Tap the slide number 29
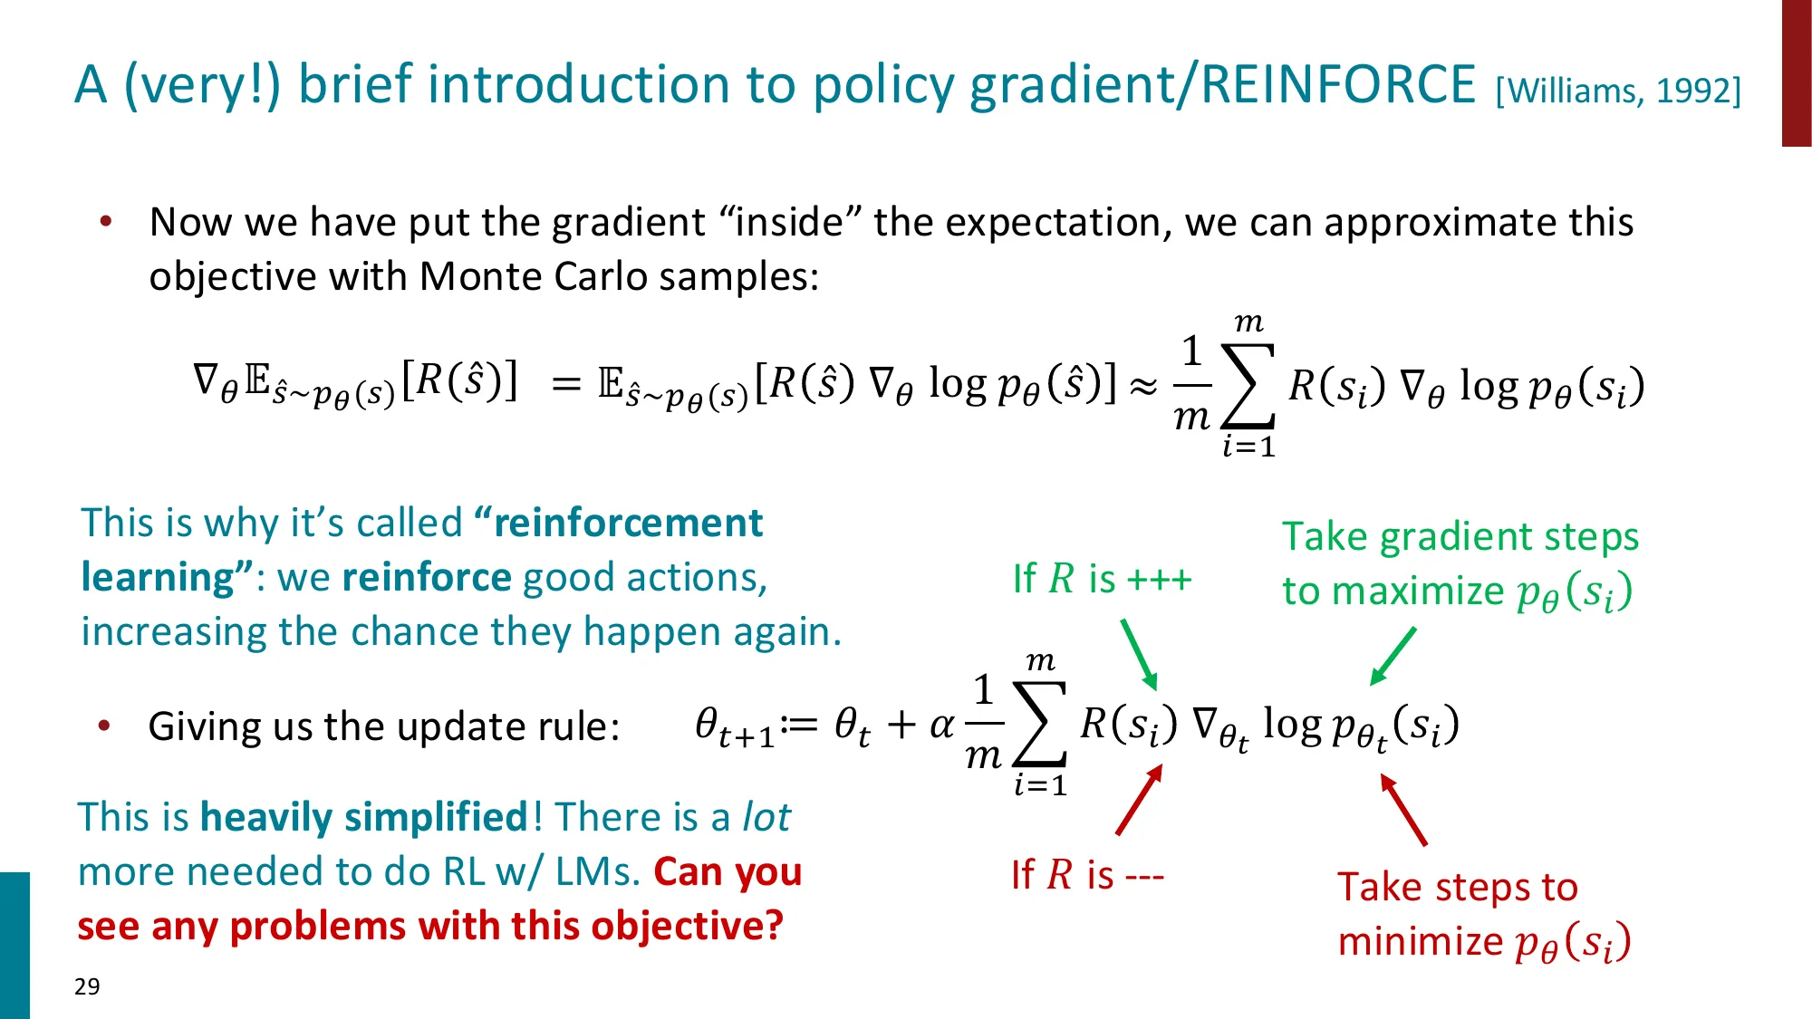tap(87, 986)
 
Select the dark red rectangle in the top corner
tap(1796, 72)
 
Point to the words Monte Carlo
tap(535, 276)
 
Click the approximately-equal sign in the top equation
tap(1144, 387)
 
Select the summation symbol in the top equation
tap(1248, 385)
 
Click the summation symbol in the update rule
tap(1040, 725)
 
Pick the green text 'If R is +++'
tap(1102, 579)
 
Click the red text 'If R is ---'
tap(1087, 875)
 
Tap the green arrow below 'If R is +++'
tap(1139, 654)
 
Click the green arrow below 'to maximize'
tap(1393, 656)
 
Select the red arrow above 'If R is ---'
tap(1140, 800)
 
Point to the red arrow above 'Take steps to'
tap(1403, 809)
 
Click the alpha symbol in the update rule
tap(942, 725)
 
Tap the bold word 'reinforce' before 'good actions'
tap(427, 577)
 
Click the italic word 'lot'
tap(766, 817)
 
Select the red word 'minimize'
tap(1420, 941)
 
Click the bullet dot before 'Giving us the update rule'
tap(105, 726)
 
